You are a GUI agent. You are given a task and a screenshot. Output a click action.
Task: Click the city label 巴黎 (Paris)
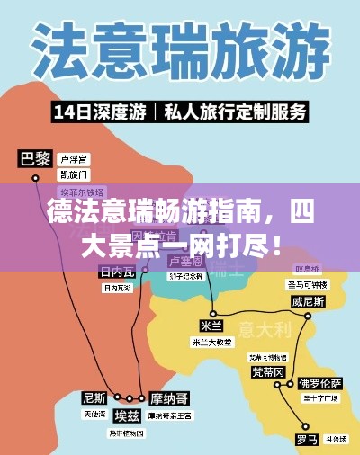pos(35,159)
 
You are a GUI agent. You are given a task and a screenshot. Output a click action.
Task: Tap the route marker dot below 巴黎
pos(35,179)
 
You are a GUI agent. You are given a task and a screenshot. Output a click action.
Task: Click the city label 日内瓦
pos(117,272)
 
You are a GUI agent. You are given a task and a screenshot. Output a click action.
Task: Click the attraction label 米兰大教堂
pos(211,343)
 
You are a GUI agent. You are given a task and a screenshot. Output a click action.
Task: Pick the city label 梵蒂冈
pos(268,371)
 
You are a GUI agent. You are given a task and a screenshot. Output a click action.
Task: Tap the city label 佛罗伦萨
pos(320,381)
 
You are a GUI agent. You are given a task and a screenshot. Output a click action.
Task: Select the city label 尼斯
pos(94,397)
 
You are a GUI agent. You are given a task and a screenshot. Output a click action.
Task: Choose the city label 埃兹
pos(127,415)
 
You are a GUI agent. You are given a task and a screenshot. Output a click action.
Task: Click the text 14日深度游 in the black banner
pos(100,113)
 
